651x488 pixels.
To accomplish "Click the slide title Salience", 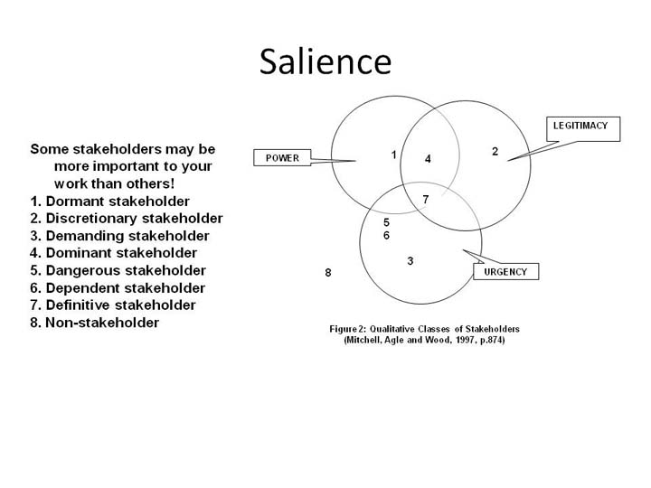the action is tap(325, 61).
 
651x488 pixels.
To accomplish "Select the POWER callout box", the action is tap(282, 157).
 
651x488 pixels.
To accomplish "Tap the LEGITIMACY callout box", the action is tap(583, 129).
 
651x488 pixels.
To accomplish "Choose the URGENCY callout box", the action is tap(506, 271).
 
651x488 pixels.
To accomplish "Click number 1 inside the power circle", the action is tap(393, 155).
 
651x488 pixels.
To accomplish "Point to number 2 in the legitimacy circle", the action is tap(495, 152).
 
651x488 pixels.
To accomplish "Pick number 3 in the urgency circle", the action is tap(410, 261).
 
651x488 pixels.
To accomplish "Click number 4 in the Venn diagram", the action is tap(428, 158).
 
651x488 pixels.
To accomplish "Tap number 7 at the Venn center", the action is tap(426, 200).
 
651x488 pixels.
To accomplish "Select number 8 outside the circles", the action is tap(328, 273).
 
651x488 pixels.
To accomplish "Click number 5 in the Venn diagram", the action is tap(387, 222).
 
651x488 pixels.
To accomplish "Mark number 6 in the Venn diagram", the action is tap(387, 235).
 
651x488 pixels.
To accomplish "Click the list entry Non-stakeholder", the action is tap(102, 323).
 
